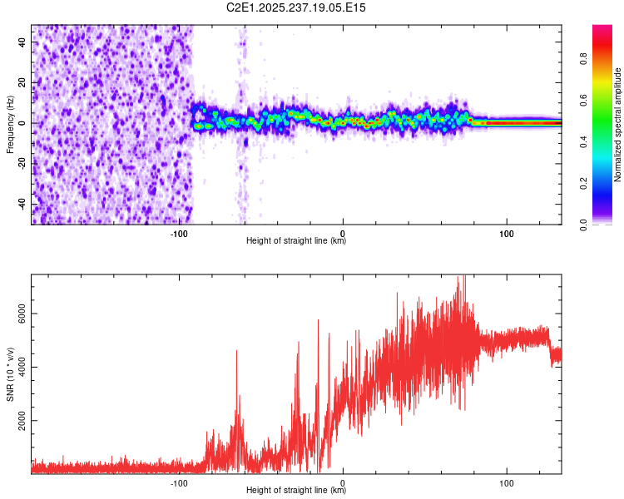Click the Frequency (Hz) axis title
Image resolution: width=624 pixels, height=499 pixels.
(9, 125)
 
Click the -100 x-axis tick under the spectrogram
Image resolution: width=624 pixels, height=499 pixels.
(179, 233)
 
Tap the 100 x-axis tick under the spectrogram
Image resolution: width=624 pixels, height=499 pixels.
(506, 233)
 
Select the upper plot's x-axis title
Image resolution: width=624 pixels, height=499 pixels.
(296, 241)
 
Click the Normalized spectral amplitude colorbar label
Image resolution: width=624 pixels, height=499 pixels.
(618, 125)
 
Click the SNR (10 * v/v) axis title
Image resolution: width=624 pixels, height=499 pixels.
(9, 374)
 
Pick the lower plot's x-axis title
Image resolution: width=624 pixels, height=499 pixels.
(296, 491)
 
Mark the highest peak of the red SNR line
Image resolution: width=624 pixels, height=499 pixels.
(459, 278)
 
